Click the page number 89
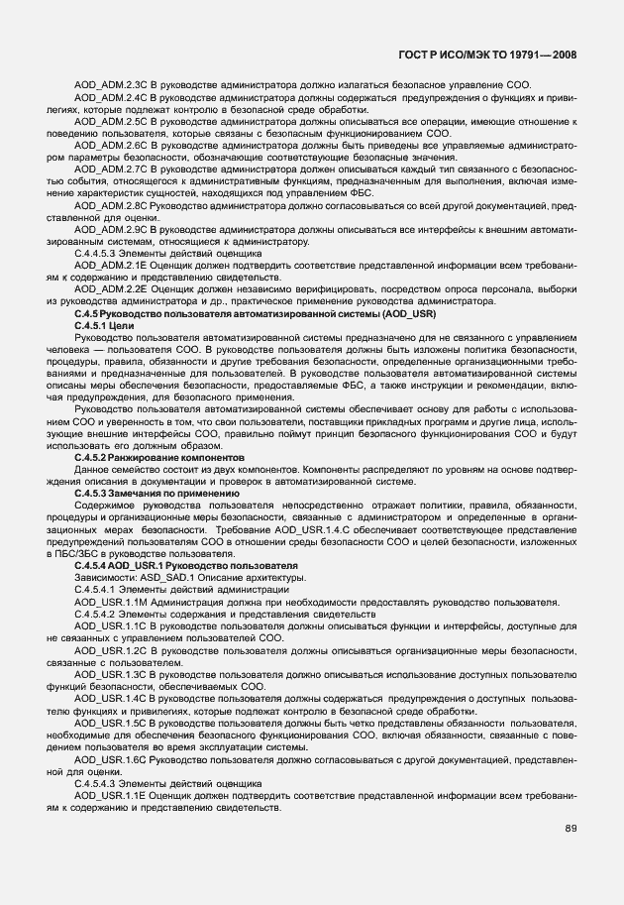[x=571, y=828]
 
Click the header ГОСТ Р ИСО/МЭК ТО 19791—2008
[x=495, y=57]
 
